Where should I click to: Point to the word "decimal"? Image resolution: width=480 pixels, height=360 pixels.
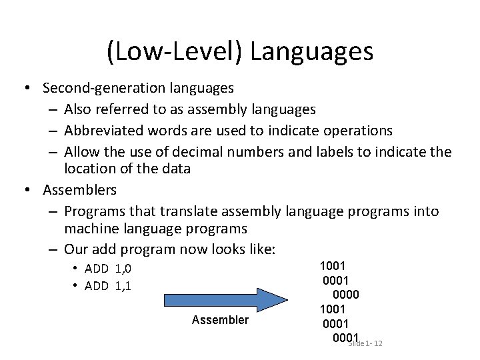[x=204, y=151]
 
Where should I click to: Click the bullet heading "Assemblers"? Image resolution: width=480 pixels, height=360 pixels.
[x=79, y=190]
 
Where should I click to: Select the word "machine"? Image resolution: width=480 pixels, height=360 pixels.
[x=89, y=229]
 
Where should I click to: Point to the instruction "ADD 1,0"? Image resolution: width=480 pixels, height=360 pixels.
[x=108, y=269]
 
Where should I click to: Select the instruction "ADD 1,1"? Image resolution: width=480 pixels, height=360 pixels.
[x=108, y=286]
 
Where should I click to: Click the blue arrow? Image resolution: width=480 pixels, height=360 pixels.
[x=221, y=298]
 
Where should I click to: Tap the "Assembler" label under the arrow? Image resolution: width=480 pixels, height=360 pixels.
[x=220, y=321]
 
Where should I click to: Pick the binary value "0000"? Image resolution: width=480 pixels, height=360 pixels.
[x=345, y=294]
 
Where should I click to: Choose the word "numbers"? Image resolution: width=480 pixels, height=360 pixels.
[x=257, y=151]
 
